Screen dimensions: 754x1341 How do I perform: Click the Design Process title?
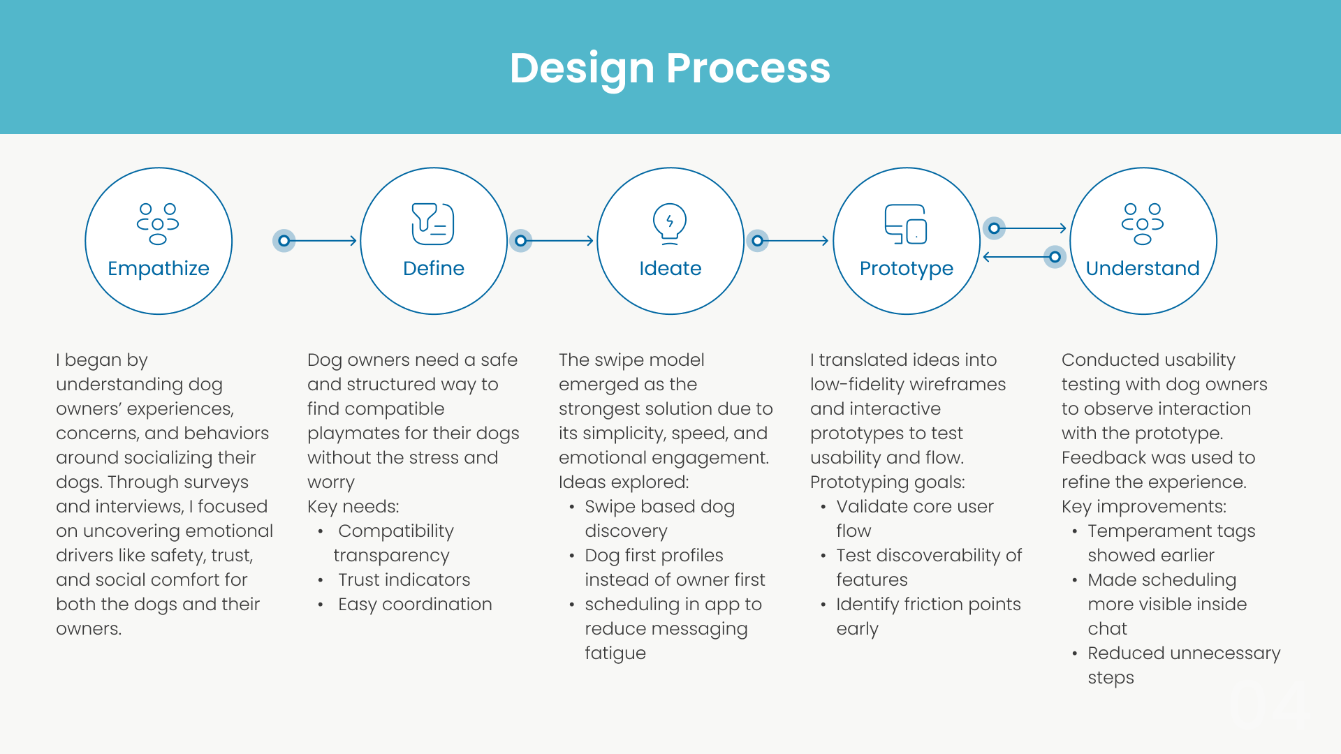(x=670, y=68)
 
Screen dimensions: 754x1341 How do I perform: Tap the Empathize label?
(x=159, y=268)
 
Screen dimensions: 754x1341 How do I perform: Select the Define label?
(x=434, y=268)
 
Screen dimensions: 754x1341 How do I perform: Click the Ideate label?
(x=670, y=268)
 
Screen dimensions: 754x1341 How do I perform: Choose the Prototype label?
(x=906, y=268)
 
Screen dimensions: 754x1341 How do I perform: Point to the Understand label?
(x=1143, y=268)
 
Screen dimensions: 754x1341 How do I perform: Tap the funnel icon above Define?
(x=433, y=223)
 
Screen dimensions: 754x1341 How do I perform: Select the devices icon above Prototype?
(x=906, y=223)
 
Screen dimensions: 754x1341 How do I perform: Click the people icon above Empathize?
(x=158, y=223)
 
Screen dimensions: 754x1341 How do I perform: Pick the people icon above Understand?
(x=1143, y=223)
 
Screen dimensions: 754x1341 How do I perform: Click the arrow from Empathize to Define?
(x=321, y=241)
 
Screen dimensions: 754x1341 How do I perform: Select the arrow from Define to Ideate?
(x=559, y=241)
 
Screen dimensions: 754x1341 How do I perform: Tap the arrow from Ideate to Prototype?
(x=795, y=241)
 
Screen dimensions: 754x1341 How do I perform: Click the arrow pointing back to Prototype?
(x=1016, y=257)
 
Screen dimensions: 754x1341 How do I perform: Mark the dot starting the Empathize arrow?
(x=284, y=241)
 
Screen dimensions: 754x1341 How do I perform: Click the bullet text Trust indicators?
(x=404, y=579)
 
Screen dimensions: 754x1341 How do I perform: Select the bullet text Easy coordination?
(x=415, y=604)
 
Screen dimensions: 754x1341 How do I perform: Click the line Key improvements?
(x=1144, y=506)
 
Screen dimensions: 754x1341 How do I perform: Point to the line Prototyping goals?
(x=888, y=482)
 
